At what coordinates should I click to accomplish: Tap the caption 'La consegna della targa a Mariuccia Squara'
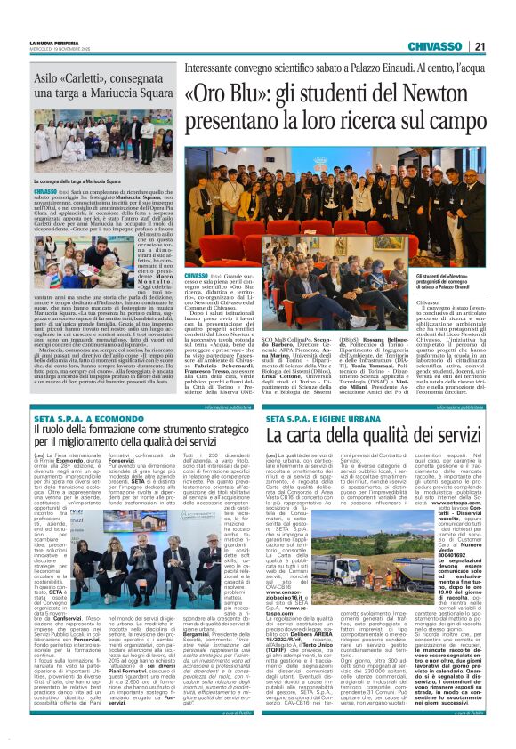tap(90, 181)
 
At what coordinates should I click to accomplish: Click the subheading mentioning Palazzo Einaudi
tap(336, 68)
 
